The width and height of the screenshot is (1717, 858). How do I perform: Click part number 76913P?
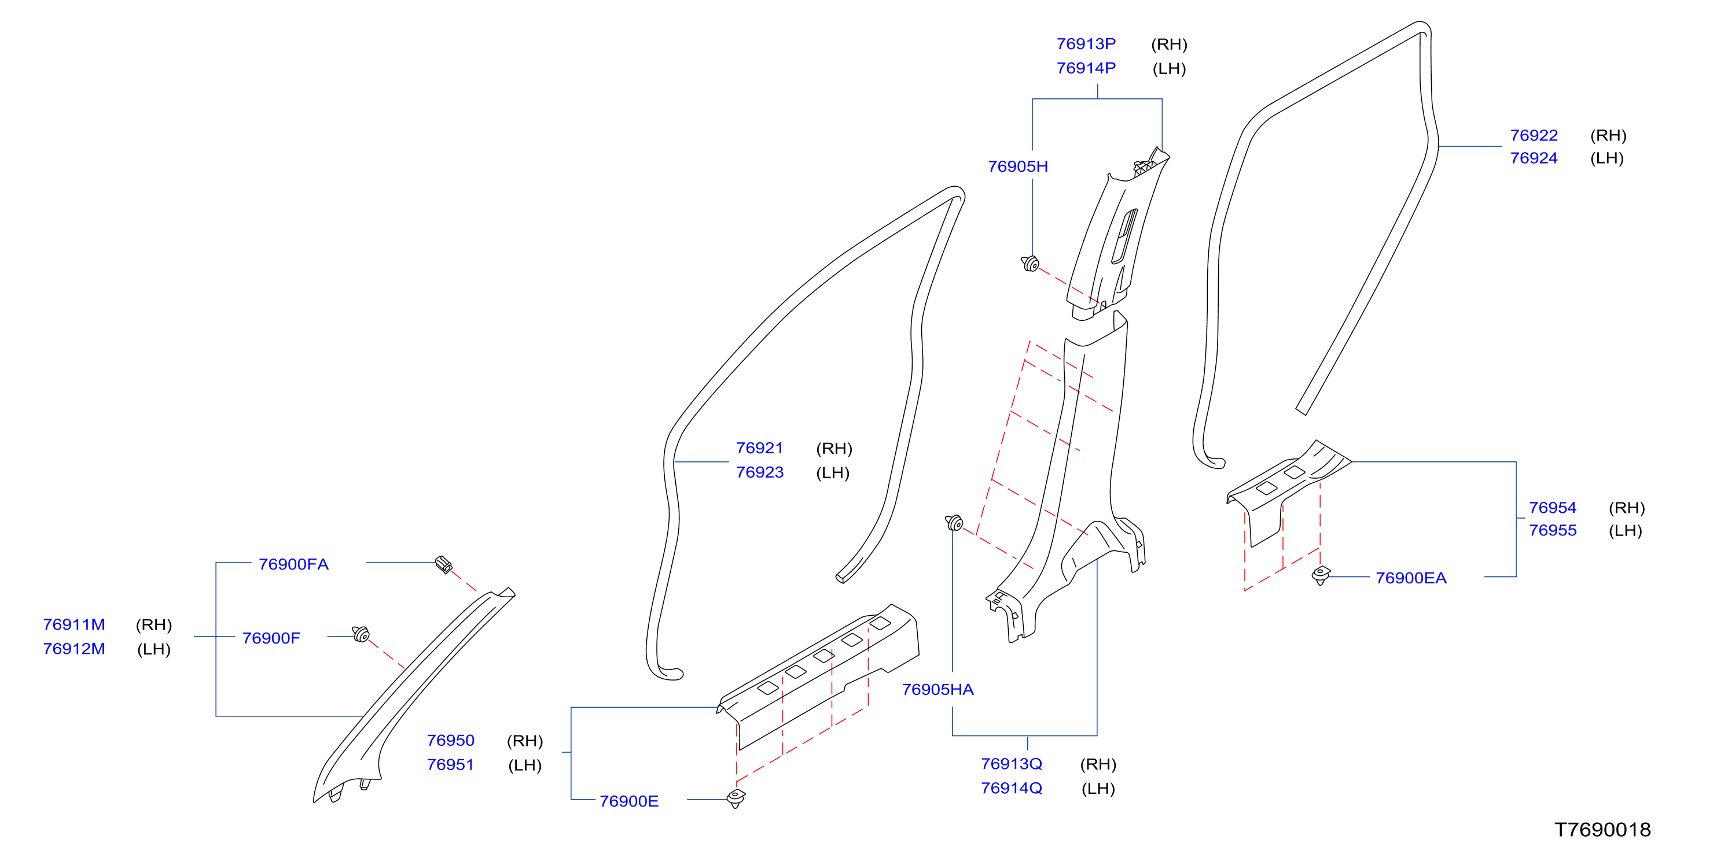pyautogui.click(x=1086, y=44)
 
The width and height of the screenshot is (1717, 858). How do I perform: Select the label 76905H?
pyautogui.click(x=1018, y=167)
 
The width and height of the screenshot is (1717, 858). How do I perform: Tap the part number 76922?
pyautogui.click(x=1534, y=135)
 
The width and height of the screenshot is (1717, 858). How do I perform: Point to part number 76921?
pyautogui.click(x=760, y=448)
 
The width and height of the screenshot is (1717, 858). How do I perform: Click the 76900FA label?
pyautogui.click(x=294, y=564)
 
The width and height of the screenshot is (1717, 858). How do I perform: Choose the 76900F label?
pyautogui.click(x=271, y=638)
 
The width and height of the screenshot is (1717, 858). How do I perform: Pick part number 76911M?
pyautogui.click(x=74, y=624)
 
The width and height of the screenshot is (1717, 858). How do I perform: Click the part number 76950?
pyautogui.click(x=451, y=740)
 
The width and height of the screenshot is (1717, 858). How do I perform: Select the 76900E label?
pyautogui.click(x=629, y=801)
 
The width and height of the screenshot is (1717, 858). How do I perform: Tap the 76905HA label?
pyautogui.click(x=938, y=689)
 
